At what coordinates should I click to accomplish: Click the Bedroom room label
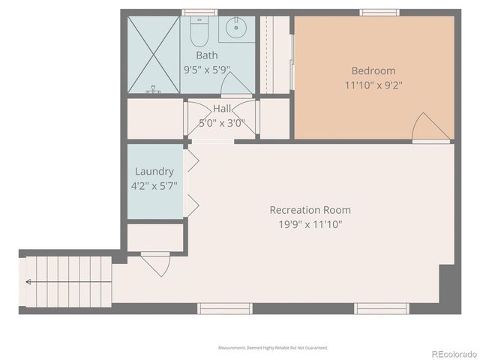pyautogui.click(x=373, y=71)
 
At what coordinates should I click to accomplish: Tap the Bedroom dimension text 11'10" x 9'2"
pyautogui.click(x=373, y=85)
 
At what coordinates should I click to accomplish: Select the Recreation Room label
pyautogui.click(x=310, y=210)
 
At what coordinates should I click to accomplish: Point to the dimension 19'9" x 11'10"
pyautogui.click(x=310, y=223)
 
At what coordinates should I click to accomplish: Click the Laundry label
pyautogui.click(x=155, y=171)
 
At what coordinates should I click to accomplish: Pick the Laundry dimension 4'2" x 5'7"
pyautogui.click(x=155, y=185)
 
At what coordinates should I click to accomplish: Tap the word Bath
pyautogui.click(x=207, y=55)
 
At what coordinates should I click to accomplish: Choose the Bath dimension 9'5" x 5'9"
pyautogui.click(x=207, y=69)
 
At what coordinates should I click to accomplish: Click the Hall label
pyautogui.click(x=222, y=109)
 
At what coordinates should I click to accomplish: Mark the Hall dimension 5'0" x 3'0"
pyautogui.click(x=222, y=123)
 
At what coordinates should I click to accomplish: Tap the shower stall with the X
pyautogui.click(x=153, y=54)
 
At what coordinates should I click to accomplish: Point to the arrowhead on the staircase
pyautogui.click(x=28, y=282)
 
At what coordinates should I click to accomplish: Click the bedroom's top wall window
pyautogui.click(x=377, y=12)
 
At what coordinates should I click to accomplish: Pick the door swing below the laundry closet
pyautogui.click(x=155, y=263)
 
